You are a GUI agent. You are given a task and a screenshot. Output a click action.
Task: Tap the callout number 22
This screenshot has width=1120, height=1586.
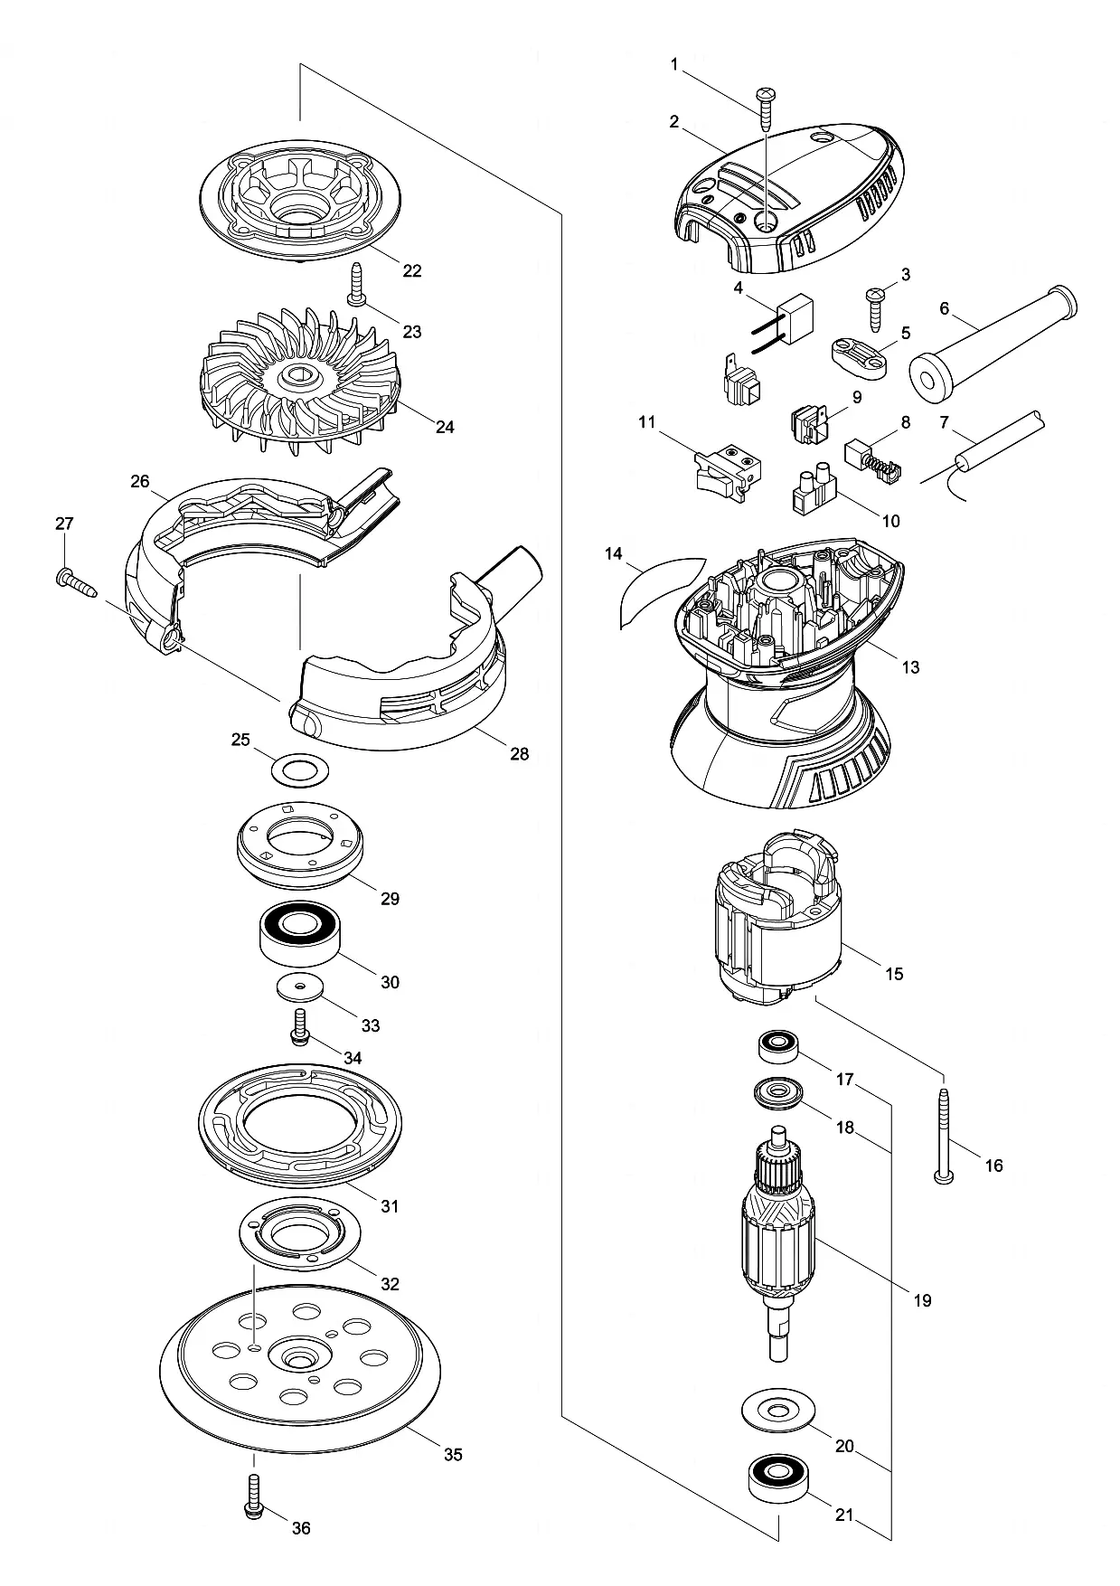[x=412, y=270]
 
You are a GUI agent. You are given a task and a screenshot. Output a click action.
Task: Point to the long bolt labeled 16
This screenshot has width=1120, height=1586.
[x=945, y=1136]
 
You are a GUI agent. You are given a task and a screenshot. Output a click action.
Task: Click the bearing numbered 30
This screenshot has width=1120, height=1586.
[x=299, y=935]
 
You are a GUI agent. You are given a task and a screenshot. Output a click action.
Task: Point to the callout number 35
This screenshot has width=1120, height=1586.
[x=453, y=1454]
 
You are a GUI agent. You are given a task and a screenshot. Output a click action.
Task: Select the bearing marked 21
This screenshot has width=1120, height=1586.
[x=778, y=1477]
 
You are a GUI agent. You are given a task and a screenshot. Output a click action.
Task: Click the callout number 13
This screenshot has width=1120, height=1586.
[x=910, y=667]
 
